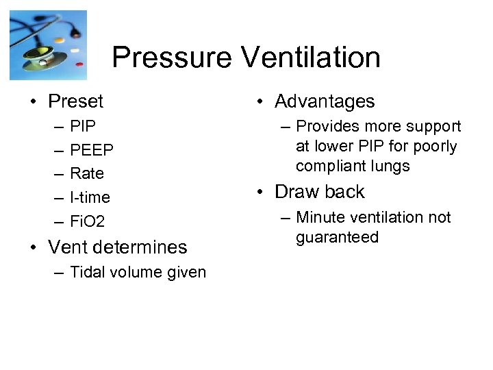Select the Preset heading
click(75, 102)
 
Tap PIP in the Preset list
click(82, 127)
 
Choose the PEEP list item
click(92, 150)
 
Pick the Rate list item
click(86, 173)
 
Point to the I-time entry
click(90, 197)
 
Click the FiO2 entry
click(88, 221)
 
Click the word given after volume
click(184, 272)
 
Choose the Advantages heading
click(325, 102)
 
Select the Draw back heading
click(320, 192)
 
